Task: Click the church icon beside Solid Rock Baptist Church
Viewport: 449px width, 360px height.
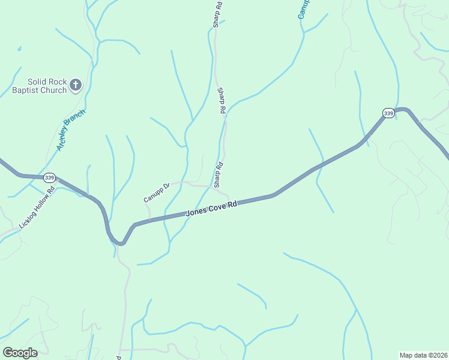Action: [x=75, y=85]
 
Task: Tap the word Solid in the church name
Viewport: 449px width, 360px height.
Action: [x=38, y=82]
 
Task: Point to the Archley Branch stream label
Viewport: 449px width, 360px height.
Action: [x=71, y=130]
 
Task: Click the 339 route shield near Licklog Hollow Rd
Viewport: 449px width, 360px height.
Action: [x=49, y=178]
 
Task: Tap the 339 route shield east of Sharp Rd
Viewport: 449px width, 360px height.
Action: [x=388, y=113]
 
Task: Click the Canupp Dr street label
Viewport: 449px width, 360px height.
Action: [x=157, y=193]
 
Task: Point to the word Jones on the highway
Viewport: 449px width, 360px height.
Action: [x=196, y=212]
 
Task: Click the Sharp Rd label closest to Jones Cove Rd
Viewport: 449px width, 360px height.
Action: [x=218, y=174]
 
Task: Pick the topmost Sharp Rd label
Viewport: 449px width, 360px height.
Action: [x=217, y=14]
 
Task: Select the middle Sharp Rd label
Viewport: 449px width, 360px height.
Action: [x=221, y=101]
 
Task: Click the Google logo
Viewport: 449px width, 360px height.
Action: [x=20, y=353]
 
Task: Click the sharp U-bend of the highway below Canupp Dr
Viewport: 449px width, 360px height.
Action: [x=121, y=243]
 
